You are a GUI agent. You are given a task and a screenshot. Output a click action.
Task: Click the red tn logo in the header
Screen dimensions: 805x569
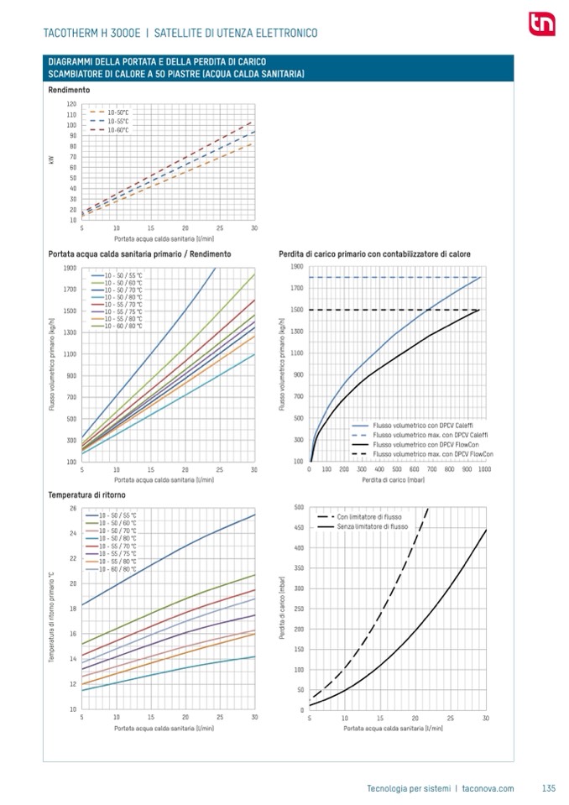[x=537, y=24]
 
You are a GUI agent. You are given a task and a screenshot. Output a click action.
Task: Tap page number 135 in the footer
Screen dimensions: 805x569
[x=549, y=787]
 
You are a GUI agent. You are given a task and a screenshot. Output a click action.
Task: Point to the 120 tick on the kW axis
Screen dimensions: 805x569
[x=71, y=103]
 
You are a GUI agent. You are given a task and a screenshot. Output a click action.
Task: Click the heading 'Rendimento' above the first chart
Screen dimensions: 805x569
[x=69, y=89]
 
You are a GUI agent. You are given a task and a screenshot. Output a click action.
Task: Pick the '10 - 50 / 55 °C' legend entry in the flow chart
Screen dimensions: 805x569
[x=123, y=275]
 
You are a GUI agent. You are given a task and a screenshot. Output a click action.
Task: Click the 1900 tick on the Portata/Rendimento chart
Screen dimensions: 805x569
[x=70, y=268]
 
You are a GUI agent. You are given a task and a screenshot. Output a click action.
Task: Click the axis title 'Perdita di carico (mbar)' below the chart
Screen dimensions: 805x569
[x=392, y=480]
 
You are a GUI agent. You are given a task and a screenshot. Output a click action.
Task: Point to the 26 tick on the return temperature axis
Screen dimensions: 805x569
[x=73, y=508]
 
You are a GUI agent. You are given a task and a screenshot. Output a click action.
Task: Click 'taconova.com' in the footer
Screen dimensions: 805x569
[x=488, y=787]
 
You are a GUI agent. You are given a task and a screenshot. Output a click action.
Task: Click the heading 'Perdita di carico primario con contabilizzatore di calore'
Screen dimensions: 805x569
[x=373, y=254]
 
